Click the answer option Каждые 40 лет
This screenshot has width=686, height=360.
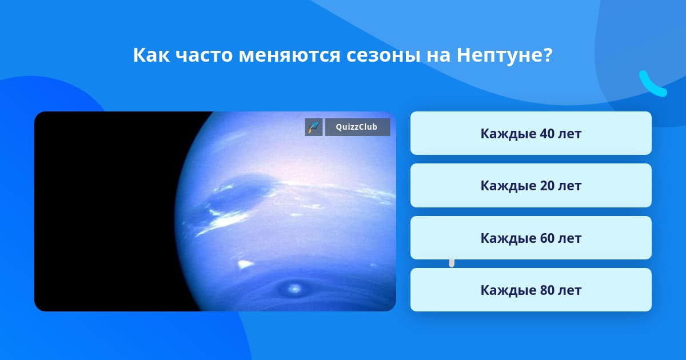pyautogui.click(x=531, y=133)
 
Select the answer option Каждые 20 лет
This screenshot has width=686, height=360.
pyautogui.click(x=531, y=186)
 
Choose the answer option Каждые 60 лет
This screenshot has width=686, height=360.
pyautogui.click(x=531, y=238)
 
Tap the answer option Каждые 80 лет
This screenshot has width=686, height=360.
pyautogui.click(x=531, y=290)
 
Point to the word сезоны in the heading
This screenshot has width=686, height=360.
pyautogui.click(x=384, y=55)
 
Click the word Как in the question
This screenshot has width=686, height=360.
pyautogui.click(x=151, y=55)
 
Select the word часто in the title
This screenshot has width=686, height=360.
pyautogui.click(x=204, y=55)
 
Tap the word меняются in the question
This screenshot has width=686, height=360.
pyautogui.click(x=289, y=55)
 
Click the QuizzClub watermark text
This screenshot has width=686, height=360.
pyautogui.click(x=357, y=127)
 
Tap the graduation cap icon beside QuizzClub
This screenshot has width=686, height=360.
pyautogui.click(x=314, y=127)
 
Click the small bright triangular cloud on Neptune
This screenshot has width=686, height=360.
pyautogui.click(x=245, y=264)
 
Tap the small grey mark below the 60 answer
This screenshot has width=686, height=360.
pyautogui.click(x=452, y=263)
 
